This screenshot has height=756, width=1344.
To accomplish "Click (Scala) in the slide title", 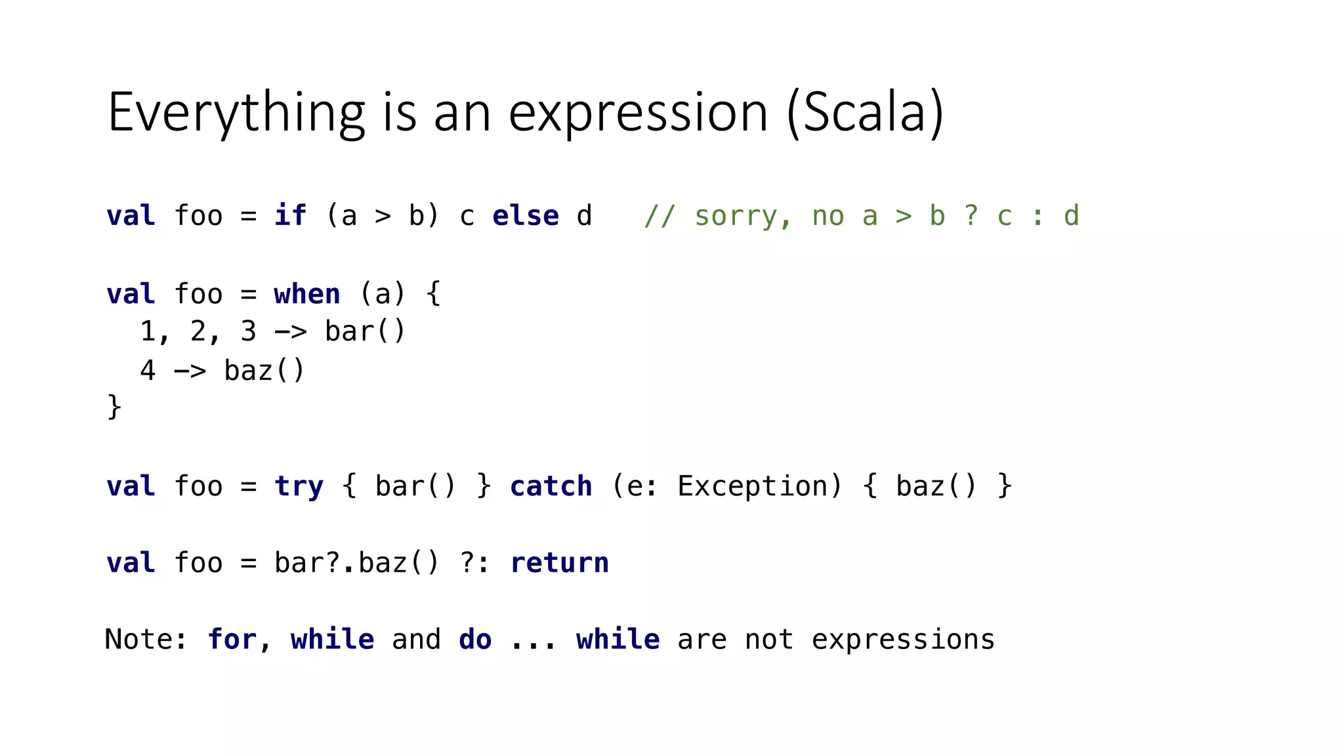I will (x=865, y=113).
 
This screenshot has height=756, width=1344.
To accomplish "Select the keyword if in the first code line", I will (x=290, y=216).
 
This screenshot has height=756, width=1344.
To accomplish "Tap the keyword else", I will (x=526, y=216).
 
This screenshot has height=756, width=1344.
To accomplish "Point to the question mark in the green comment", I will (x=971, y=216).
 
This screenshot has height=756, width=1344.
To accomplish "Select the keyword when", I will (x=307, y=294).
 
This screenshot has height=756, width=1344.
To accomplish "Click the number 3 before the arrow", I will (x=248, y=331).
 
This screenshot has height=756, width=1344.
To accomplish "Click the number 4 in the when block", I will (x=148, y=370).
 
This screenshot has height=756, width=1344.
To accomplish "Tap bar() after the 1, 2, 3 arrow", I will (x=365, y=331).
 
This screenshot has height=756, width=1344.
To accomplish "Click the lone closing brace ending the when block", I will (x=114, y=407).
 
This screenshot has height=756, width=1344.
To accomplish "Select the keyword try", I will (x=299, y=487).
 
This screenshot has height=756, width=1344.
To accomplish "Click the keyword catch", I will (x=551, y=486).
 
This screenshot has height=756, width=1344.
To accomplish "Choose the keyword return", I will (x=559, y=563).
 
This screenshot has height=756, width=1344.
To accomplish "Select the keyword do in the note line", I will (x=475, y=639).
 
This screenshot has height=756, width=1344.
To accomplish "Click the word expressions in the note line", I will (x=903, y=639).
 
